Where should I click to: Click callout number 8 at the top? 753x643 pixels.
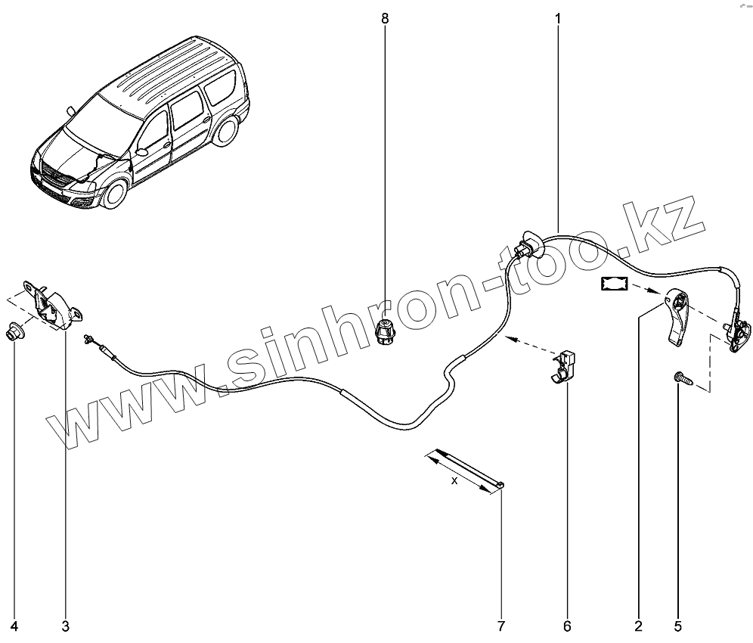386,17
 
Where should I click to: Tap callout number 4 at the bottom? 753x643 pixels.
14,626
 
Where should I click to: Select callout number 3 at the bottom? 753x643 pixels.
65,626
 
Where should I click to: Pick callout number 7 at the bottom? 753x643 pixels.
500,626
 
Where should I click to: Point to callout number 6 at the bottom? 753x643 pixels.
567,626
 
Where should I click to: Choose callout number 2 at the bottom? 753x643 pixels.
639,626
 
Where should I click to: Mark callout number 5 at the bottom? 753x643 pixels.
677,626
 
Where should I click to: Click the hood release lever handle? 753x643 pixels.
677,318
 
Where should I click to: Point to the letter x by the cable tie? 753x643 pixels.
454,480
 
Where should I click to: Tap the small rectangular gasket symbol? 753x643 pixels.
615,284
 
